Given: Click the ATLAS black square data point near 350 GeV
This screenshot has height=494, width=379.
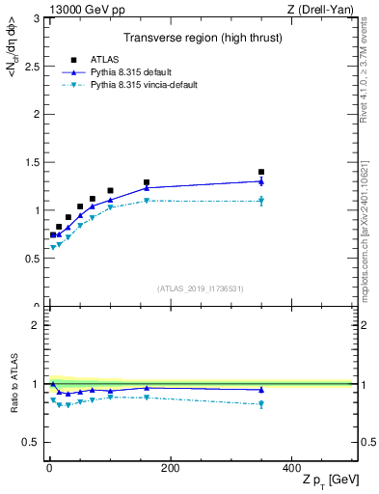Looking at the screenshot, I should (261, 172).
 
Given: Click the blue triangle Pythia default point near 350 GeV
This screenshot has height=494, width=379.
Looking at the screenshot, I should (261, 180).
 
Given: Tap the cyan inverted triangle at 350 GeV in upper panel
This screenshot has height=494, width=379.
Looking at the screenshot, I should (261, 201).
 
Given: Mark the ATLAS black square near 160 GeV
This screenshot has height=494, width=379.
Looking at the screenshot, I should (147, 182).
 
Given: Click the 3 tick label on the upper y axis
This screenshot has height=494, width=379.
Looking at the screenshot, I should (36, 18).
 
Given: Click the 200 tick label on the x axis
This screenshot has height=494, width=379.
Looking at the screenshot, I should (170, 468).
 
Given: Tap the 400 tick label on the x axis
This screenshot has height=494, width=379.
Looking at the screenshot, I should (290, 468).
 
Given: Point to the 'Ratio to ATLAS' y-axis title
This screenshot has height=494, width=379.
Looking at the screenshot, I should (12, 386).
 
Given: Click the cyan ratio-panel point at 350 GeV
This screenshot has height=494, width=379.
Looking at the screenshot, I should (261, 403).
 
